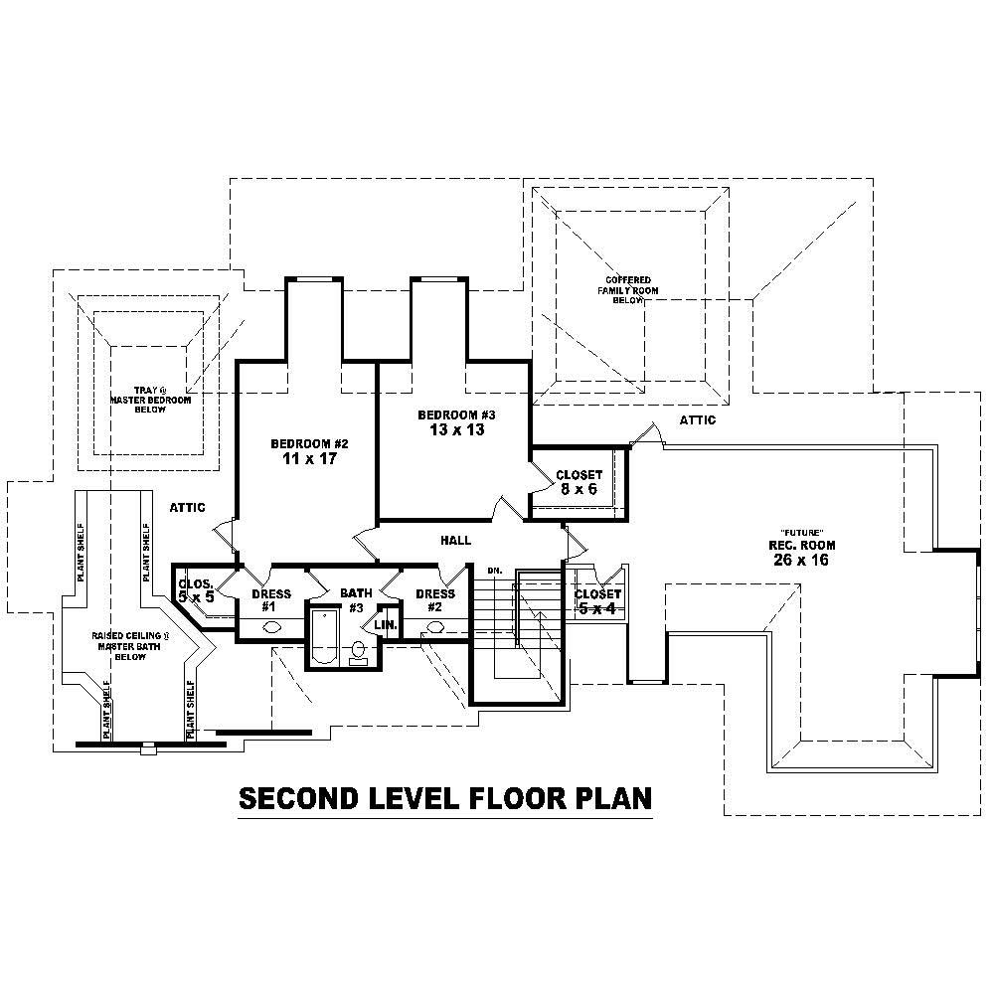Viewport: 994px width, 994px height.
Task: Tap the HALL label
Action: pyautogui.click(x=455, y=540)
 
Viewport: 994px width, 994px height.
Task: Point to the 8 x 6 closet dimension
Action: pyautogui.click(x=579, y=489)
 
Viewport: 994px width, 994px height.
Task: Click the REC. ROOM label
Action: pyautogui.click(x=801, y=545)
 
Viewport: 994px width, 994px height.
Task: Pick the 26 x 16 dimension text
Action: pyautogui.click(x=801, y=561)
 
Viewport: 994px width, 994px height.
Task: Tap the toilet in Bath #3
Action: pyautogui.click(x=358, y=651)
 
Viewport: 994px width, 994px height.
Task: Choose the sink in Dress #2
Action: pyautogui.click(x=434, y=627)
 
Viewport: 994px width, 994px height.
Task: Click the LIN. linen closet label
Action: pyautogui.click(x=386, y=625)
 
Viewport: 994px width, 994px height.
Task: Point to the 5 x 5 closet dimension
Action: pyautogui.click(x=196, y=597)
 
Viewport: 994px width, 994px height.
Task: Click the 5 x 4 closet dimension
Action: pyautogui.click(x=596, y=608)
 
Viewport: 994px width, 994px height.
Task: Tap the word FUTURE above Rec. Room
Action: pyautogui.click(x=801, y=532)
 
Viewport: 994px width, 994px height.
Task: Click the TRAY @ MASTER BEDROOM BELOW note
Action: pyautogui.click(x=150, y=400)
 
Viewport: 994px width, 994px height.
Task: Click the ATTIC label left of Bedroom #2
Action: pyautogui.click(x=187, y=508)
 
